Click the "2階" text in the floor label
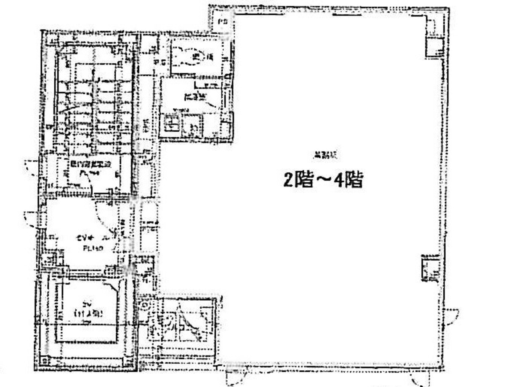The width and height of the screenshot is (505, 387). click(295, 181)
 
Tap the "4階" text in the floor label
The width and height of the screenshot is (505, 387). click(348, 181)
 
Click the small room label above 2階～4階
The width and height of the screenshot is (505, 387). click(321, 155)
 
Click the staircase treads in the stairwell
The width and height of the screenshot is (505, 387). click(95, 101)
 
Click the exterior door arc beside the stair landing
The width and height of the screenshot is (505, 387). click(32, 167)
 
